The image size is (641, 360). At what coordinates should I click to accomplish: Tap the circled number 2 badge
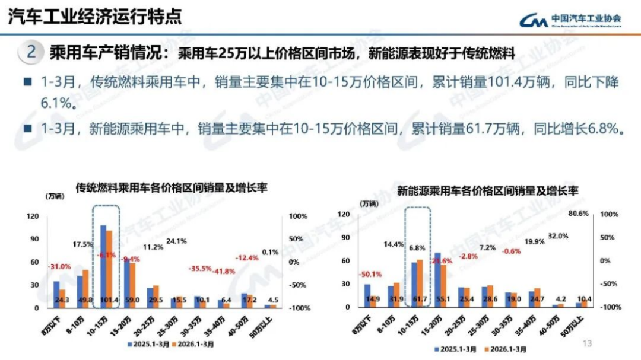tap(31, 52)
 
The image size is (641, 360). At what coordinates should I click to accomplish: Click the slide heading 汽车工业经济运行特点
tap(95, 16)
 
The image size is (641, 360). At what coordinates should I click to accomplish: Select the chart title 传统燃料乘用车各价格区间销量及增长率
tap(171, 188)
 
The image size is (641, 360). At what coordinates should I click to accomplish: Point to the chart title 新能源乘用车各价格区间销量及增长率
tap(487, 191)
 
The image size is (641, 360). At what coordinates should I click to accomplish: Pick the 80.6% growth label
tap(578, 214)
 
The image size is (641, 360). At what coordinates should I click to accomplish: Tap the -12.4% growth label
tap(246, 257)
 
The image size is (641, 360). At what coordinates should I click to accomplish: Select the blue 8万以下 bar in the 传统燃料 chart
tap(56, 294)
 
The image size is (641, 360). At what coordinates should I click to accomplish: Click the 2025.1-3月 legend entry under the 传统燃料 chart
tap(147, 343)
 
